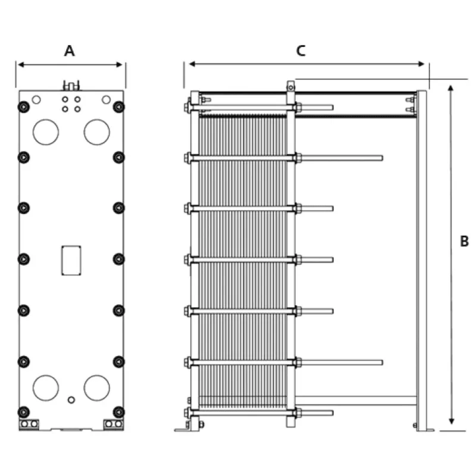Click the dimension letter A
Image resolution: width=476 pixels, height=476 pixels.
click(x=70, y=51)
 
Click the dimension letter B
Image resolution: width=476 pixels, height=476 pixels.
click(x=464, y=242)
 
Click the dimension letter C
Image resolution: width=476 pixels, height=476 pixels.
click(x=301, y=51)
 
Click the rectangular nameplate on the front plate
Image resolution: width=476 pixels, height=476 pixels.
click(x=71, y=261)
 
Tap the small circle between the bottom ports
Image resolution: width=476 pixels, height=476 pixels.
click(x=71, y=400)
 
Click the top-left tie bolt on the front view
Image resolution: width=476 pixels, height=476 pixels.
click(x=24, y=107)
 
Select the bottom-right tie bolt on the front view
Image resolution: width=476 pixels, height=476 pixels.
click(x=118, y=412)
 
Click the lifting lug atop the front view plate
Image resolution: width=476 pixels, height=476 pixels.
click(x=71, y=86)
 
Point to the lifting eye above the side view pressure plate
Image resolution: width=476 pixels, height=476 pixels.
click(x=291, y=86)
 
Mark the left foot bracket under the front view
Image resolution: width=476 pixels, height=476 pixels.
click(x=29, y=424)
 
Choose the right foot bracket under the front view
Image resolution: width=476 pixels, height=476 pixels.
click(x=114, y=424)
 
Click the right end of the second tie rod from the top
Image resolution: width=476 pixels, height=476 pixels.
click(x=382, y=158)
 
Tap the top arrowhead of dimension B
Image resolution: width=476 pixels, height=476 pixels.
click(x=451, y=88)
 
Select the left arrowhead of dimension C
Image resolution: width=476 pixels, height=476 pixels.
click(x=192, y=64)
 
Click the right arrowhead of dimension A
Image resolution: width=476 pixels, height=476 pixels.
click(x=120, y=65)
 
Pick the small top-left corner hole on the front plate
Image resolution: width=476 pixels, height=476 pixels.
click(x=36, y=99)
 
